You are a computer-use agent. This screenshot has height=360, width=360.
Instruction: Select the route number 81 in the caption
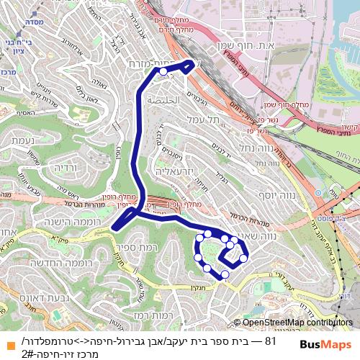coord(271,341)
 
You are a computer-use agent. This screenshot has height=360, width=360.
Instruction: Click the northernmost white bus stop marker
coord(163,72)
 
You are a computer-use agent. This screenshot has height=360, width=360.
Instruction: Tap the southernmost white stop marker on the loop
coord(225,274)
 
